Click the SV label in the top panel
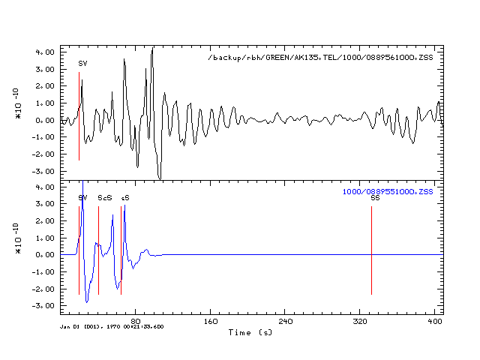point(82,64)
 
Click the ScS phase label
point(105,198)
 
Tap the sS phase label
point(124,198)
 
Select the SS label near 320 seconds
point(375,198)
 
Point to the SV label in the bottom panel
point(82,198)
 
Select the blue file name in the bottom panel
point(388,192)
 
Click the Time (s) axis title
point(250,331)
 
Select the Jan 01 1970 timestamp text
point(112,327)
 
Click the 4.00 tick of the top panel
point(45,52)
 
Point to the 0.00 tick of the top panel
point(45,120)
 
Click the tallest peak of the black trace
point(152,49)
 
